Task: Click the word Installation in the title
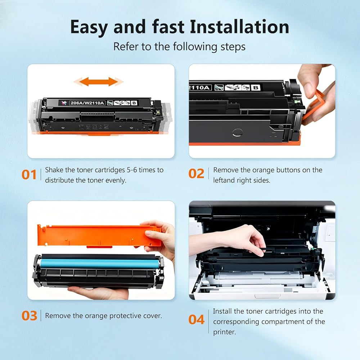[239, 27]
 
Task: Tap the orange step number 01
[29, 175]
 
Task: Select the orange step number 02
[196, 174]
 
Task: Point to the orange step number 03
[29, 316]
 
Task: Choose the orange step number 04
[196, 320]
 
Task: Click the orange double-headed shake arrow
[99, 82]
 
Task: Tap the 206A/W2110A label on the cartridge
[87, 103]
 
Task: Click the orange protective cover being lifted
[99, 235]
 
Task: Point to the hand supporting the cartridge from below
[99, 292]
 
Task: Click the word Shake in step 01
[54, 170]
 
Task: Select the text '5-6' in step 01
[132, 170]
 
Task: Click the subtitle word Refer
[126, 46]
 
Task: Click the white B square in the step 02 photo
[256, 87]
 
